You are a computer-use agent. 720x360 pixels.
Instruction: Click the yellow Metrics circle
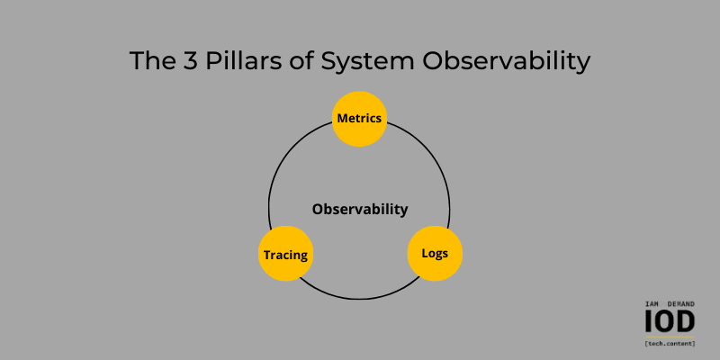click(359, 118)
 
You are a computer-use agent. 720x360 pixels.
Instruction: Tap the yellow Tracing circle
click(285, 254)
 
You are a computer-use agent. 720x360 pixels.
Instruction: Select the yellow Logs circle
click(435, 252)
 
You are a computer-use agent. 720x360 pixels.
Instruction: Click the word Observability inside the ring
click(360, 210)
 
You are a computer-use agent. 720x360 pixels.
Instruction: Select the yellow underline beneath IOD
click(670, 337)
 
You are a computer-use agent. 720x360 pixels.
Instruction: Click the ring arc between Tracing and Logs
click(360, 298)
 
